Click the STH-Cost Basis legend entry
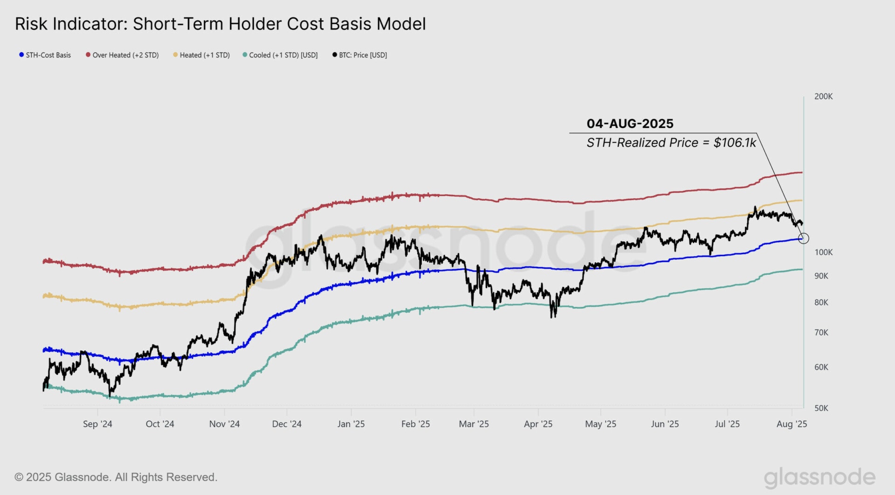(x=45, y=55)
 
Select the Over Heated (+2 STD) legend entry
(x=122, y=55)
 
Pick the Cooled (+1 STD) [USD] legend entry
(x=280, y=55)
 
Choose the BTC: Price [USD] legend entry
(x=359, y=55)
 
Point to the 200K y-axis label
(x=823, y=97)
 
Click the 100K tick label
(x=823, y=252)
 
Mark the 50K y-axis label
(x=821, y=408)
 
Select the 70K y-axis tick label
(x=821, y=333)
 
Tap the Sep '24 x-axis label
(x=97, y=424)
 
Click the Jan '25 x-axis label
(x=351, y=424)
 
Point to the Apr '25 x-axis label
(x=538, y=424)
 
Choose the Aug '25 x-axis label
(x=792, y=424)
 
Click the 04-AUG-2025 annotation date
(x=630, y=124)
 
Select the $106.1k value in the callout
(x=735, y=143)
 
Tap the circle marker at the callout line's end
(x=804, y=238)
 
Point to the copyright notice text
(x=116, y=477)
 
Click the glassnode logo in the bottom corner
(x=819, y=477)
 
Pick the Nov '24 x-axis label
(x=224, y=424)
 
